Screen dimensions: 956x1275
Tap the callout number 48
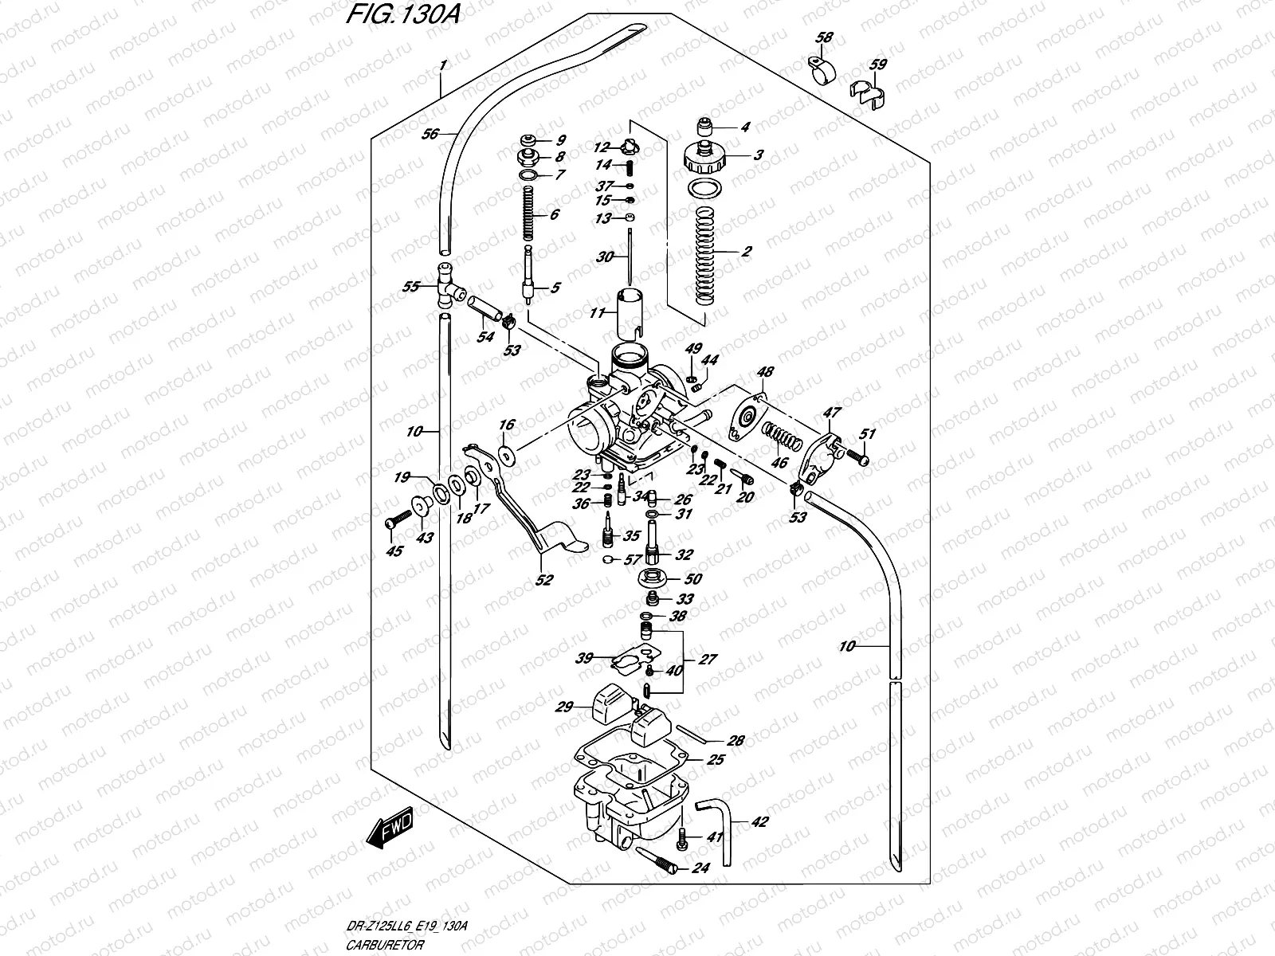point(765,371)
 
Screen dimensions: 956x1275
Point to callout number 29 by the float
point(565,707)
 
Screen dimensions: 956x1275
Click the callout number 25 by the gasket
point(716,760)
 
